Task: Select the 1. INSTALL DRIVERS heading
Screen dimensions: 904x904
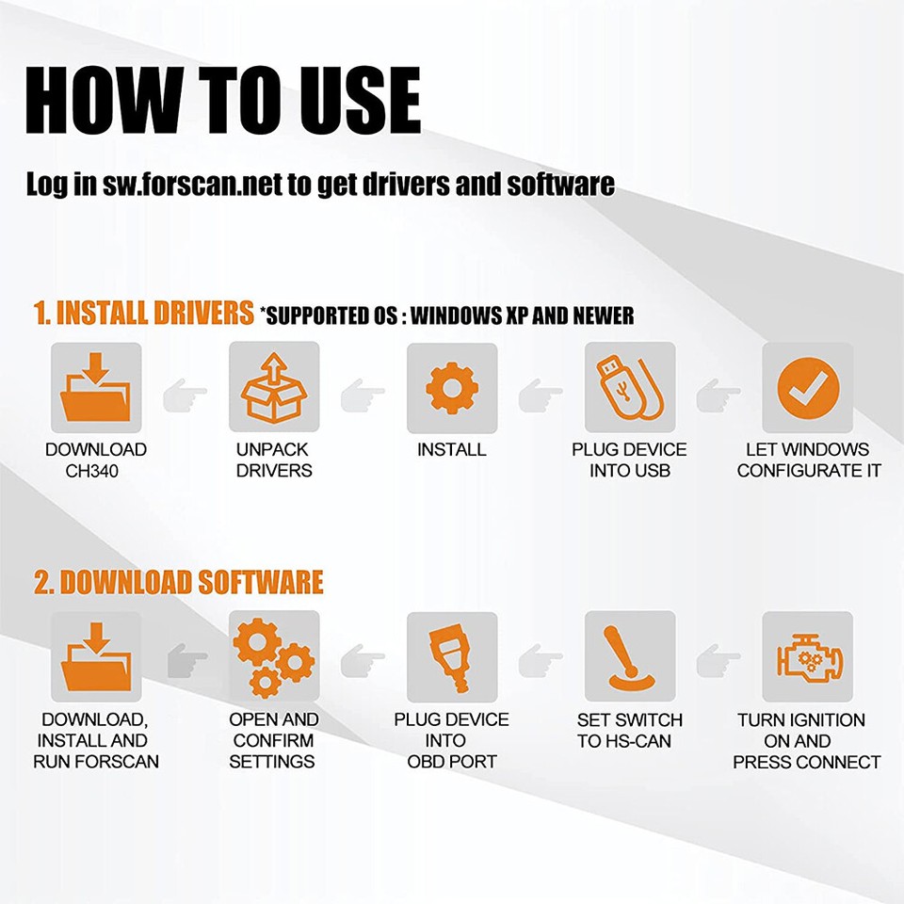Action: (144, 313)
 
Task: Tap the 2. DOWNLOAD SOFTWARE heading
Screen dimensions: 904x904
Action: (179, 582)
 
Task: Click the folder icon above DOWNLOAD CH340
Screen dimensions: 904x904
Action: (95, 388)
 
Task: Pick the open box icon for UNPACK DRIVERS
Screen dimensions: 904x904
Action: (274, 388)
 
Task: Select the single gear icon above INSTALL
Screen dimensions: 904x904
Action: (451, 388)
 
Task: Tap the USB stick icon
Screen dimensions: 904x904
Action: (630, 388)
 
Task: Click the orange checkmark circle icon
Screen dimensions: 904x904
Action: (807, 388)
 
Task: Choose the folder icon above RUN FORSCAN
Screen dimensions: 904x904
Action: (95, 657)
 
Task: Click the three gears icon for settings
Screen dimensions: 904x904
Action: (274, 657)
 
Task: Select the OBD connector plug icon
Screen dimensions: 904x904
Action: (451, 657)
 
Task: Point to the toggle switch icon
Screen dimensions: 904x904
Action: (630, 657)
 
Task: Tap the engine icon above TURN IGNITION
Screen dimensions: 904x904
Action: (807, 657)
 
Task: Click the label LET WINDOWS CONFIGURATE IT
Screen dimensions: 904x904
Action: (808, 460)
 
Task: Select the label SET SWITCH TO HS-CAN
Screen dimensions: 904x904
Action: (629, 731)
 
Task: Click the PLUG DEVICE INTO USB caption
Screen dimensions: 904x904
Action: (629, 460)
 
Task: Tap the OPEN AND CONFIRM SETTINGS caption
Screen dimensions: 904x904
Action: (274, 740)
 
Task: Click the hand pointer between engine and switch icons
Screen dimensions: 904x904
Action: (718, 657)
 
